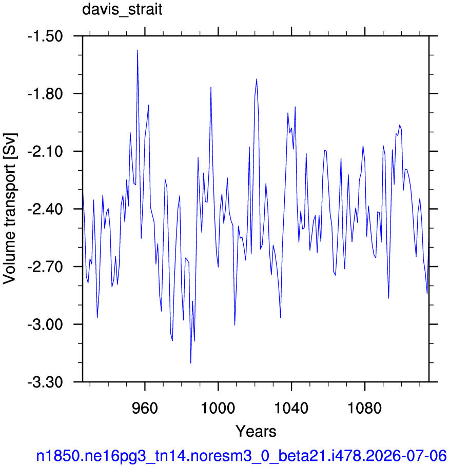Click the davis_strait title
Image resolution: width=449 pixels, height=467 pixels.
click(122, 10)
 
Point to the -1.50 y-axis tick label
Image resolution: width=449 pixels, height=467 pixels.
click(45, 36)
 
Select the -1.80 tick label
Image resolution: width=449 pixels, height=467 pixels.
click(45, 94)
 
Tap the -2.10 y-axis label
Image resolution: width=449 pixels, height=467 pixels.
click(45, 152)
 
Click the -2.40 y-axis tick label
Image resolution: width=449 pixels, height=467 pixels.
click(45, 209)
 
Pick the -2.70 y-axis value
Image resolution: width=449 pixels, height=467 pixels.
click(45, 267)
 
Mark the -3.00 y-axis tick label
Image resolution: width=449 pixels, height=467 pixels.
click(45, 324)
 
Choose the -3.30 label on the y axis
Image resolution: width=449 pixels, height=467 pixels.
click(45, 382)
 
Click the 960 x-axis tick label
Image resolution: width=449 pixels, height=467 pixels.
click(145, 408)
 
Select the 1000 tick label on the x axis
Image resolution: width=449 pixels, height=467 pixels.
click(218, 408)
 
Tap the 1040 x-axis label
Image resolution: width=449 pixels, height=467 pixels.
click(291, 408)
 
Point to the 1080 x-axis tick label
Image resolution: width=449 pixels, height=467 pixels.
click(364, 408)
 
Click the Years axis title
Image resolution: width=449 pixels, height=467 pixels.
click(256, 431)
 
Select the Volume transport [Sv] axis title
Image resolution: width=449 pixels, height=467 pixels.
click(10, 209)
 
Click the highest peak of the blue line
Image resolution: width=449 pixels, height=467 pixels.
click(138, 50)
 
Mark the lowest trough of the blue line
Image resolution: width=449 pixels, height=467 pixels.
click(190, 363)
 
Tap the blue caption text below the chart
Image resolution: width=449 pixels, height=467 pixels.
click(241, 456)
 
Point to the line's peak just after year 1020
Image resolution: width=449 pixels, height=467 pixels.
click(257, 79)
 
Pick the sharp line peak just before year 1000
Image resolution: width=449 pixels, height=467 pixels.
click(211, 87)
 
